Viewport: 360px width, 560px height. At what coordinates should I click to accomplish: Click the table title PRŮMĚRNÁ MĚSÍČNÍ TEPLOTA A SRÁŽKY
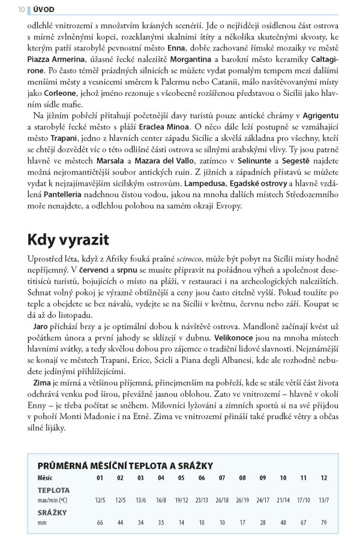125,465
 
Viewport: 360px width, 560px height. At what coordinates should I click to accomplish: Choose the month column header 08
242,478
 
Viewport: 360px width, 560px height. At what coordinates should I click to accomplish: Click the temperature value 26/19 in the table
242,499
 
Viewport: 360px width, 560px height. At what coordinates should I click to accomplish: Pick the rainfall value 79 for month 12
324,522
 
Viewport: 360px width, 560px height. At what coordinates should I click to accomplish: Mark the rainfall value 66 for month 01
100,522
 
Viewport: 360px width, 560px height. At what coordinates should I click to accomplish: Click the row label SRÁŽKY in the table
52,512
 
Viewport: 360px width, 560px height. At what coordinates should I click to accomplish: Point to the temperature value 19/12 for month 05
181,499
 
